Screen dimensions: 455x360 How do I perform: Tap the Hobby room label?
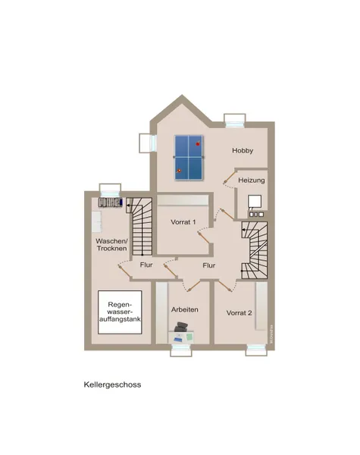pyautogui.click(x=243, y=151)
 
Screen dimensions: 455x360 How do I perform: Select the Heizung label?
pyautogui.click(x=252, y=180)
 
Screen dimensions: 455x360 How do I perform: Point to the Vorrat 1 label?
pyautogui.click(x=183, y=221)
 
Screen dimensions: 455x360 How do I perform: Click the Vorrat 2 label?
pyautogui.click(x=239, y=312)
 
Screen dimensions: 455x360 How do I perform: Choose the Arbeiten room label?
pyautogui.click(x=185, y=309)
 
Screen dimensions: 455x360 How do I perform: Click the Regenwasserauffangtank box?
pyautogui.click(x=121, y=314)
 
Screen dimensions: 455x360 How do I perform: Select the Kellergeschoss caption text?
pyautogui.click(x=112, y=384)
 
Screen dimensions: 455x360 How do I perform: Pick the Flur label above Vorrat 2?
pyautogui.click(x=209, y=265)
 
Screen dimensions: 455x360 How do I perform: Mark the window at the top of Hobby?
pyautogui.click(x=235, y=119)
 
